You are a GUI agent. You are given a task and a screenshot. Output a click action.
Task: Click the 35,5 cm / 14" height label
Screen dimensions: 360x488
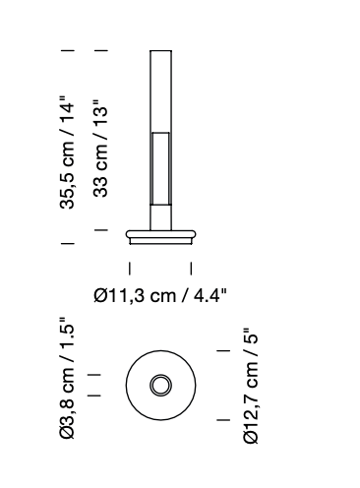tap(67, 152)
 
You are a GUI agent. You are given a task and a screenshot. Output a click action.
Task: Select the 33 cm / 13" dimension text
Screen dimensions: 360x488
tap(100, 149)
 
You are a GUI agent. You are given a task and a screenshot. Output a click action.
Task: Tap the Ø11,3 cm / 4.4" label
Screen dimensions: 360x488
tap(160, 295)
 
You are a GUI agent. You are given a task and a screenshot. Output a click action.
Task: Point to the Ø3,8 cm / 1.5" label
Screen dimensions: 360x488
tap(67, 378)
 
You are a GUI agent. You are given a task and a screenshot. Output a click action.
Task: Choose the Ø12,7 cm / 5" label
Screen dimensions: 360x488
tap(251, 387)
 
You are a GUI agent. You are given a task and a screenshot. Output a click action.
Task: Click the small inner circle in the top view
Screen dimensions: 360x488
tap(160, 376)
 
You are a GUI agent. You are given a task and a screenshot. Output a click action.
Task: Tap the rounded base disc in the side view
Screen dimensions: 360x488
tap(161, 234)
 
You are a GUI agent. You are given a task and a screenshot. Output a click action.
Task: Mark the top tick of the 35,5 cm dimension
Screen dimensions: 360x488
tap(68, 50)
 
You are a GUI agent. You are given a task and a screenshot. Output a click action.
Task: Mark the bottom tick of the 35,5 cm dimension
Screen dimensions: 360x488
tap(68, 243)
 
